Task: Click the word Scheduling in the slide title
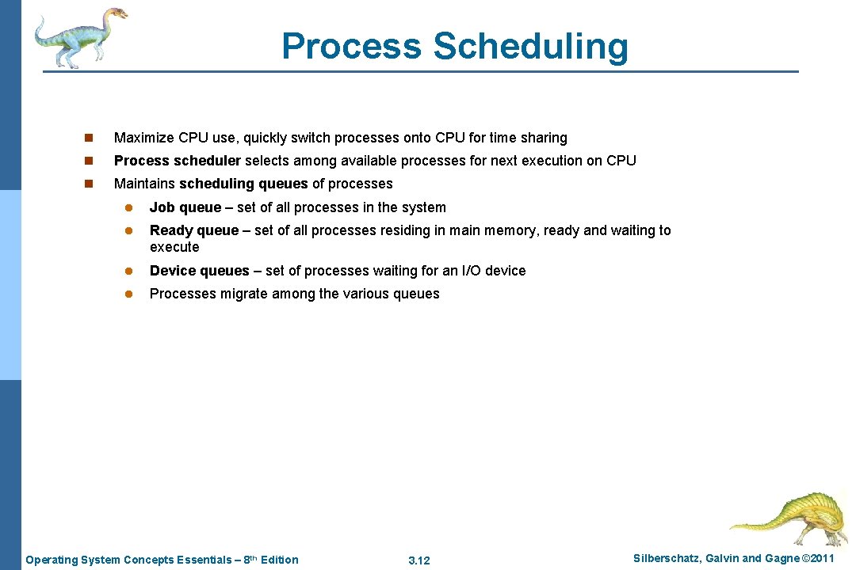click(530, 47)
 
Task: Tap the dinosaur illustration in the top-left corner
click(80, 36)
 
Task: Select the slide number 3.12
click(418, 560)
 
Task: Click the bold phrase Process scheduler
click(177, 161)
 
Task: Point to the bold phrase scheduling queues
click(243, 184)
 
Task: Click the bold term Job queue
click(185, 207)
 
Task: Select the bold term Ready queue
click(193, 230)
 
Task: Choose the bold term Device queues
click(199, 271)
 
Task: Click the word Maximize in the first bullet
click(144, 138)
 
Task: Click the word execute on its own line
click(174, 247)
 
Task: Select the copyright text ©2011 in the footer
click(818, 559)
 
